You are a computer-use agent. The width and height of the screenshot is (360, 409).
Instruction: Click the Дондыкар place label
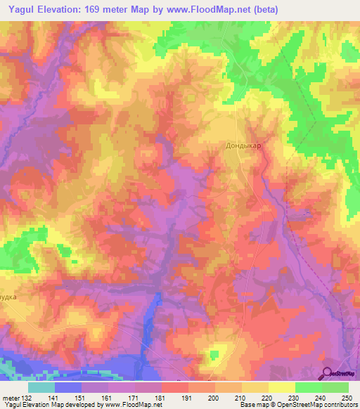pos(243,146)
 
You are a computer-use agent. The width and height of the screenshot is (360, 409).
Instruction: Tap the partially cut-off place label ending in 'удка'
pos(9,297)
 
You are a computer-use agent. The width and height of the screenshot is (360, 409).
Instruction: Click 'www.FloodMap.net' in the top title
pos(205,10)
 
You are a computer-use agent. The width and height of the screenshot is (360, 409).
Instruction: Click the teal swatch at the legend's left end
pos(41,387)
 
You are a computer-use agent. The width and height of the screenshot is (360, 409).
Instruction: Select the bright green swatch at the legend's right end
pos(335,387)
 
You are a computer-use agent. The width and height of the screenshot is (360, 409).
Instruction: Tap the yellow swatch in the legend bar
pos(282,387)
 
